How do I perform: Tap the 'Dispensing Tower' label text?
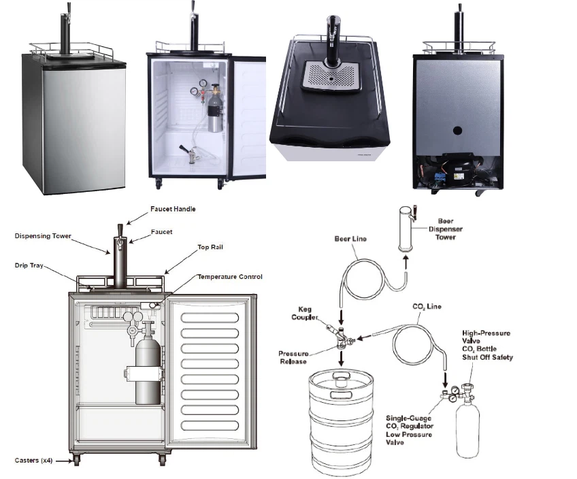pyautogui.click(x=44, y=236)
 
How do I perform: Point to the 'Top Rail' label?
pyautogui.click(x=212, y=248)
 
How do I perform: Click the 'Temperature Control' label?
pyautogui.click(x=229, y=277)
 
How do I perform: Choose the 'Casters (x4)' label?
pyautogui.click(x=35, y=461)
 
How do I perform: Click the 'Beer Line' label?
pyautogui.click(x=350, y=239)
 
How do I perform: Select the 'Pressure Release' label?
pyautogui.click(x=295, y=358)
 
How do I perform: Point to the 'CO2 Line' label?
pyautogui.click(x=427, y=307)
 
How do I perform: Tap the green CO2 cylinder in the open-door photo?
pyautogui.click(x=215, y=109)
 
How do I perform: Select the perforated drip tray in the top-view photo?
pyautogui.click(x=330, y=77)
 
